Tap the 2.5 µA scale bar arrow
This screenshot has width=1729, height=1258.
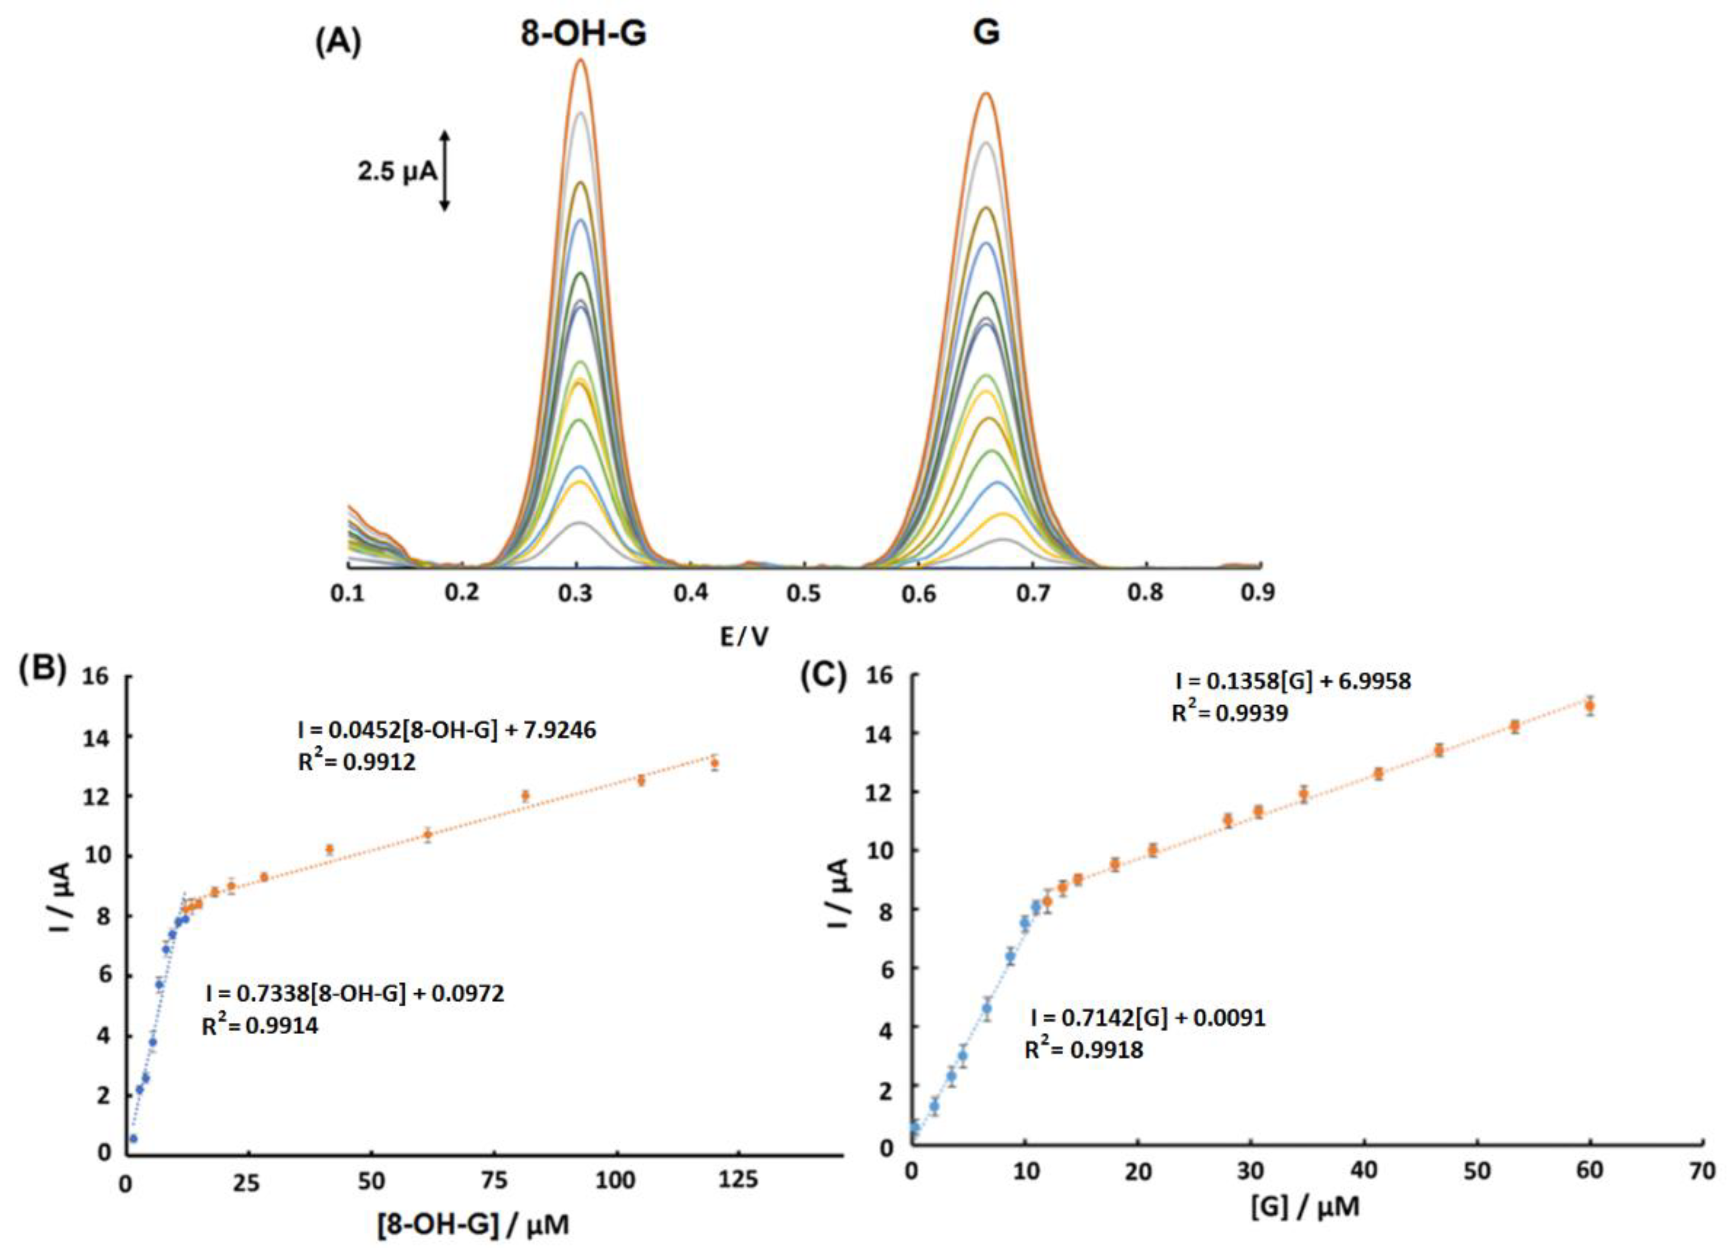[445, 170]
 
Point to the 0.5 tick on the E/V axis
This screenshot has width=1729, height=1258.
[804, 592]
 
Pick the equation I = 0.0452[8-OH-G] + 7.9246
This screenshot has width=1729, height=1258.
[447, 730]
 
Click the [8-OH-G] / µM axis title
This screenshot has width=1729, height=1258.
[473, 1224]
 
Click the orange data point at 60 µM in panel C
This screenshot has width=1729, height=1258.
[1589, 707]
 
